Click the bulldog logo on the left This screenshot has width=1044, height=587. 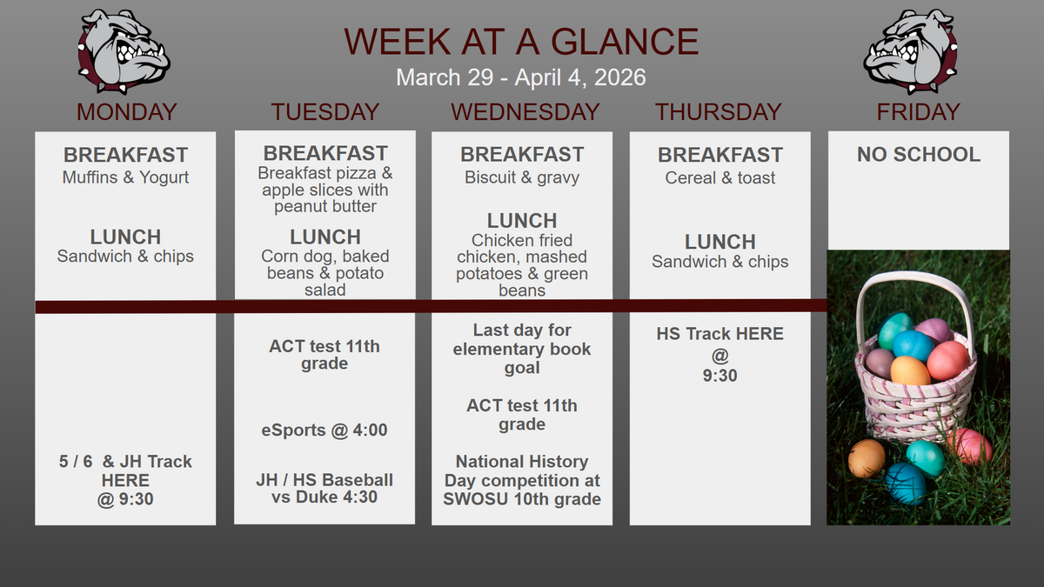pos(124,50)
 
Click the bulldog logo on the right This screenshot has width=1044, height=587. pos(910,50)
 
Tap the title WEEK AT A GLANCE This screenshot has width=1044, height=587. pos(521,42)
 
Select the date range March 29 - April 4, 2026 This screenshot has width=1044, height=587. pos(521,77)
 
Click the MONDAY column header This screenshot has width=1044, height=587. pos(126,112)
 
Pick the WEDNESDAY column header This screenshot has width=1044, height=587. pos(525,112)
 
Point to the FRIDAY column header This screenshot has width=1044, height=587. pos(918,112)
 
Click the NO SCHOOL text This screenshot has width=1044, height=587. pos(919,154)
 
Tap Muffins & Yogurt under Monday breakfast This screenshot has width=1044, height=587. pos(125,177)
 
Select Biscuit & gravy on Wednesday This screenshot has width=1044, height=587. pos(522,177)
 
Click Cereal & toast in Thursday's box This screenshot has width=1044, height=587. pos(720,177)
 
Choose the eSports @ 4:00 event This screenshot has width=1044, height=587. pos(325,430)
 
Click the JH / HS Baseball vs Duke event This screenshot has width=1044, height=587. pos(325,488)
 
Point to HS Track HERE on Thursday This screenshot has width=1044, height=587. pos(720,334)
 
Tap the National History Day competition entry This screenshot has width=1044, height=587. pos(522,480)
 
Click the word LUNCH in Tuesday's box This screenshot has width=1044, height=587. pos(325,237)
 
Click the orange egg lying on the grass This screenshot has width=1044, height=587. pos(867,458)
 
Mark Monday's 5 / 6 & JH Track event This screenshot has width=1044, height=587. pos(125,480)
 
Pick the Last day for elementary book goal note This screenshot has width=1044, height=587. pos(522,349)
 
